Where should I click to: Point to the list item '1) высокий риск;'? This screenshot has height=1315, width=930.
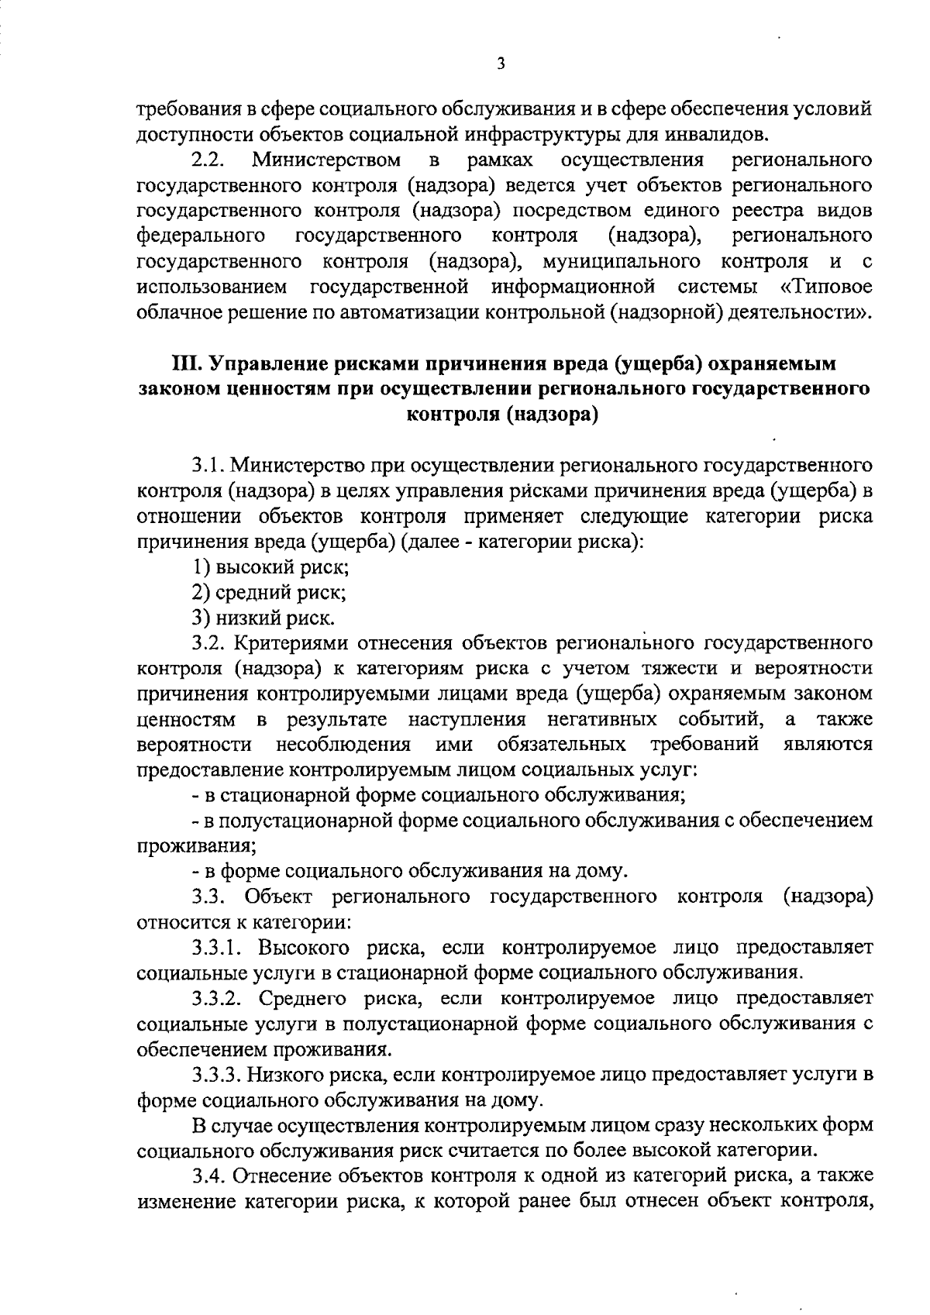[271, 566]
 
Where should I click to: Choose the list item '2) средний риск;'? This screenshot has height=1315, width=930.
[269, 593]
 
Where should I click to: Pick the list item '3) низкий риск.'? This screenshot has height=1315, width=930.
[263, 618]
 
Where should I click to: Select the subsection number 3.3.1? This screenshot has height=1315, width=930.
[219, 947]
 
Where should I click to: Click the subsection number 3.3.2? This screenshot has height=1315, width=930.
[219, 997]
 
